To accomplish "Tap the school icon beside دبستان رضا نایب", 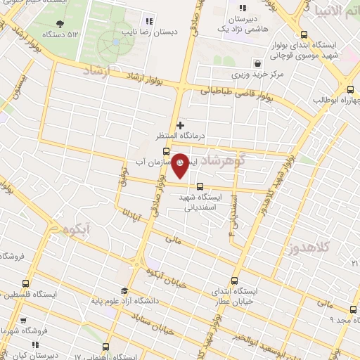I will coord(148,20).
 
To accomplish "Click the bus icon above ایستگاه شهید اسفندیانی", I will coord(200,186).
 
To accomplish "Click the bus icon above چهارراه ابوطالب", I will coord(351,89).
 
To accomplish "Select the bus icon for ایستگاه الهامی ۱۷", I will coord(105,346).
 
